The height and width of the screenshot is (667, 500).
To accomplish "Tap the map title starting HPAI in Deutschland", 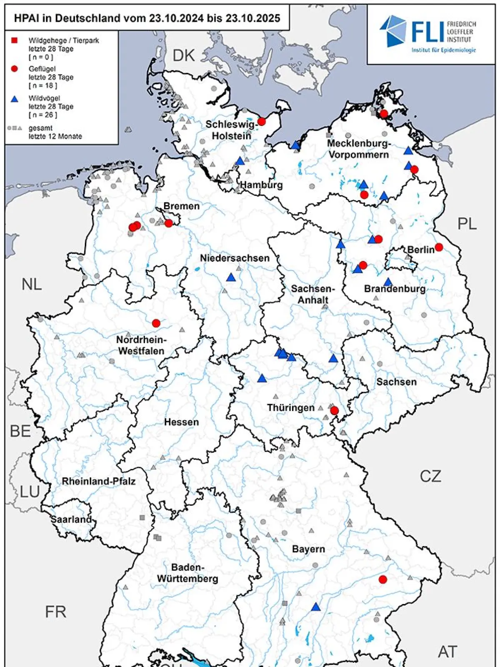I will pyautogui.click(x=147, y=18).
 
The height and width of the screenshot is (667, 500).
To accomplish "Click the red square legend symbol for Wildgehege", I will pyautogui.click(x=14, y=40).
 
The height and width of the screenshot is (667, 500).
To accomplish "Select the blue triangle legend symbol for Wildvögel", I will pyautogui.click(x=14, y=99).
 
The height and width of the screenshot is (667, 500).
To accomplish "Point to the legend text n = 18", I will pyautogui.click(x=42, y=85).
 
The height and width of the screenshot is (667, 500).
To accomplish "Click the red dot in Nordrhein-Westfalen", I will pyautogui.click(x=156, y=323).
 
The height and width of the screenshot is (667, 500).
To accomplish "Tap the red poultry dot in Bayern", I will pyautogui.click(x=383, y=579).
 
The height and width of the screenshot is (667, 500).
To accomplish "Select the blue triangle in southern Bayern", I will pyautogui.click(x=316, y=607).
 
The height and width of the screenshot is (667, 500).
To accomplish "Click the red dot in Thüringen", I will pyautogui.click(x=334, y=411).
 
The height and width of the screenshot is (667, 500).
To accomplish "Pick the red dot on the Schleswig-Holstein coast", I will pyautogui.click(x=262, y=122).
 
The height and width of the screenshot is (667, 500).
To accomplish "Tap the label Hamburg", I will pyautogui.click(x=261, y=185).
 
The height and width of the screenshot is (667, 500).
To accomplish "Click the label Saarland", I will pyautogui.click(x=71, y=519).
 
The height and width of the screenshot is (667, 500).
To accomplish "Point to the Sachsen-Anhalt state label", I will pyautogui.click(x=312, y=294).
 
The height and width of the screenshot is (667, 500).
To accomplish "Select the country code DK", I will pyautogui.click(x=184, y=55).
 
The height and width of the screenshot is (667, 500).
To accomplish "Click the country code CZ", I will pyautogui.click(x=430, y=476).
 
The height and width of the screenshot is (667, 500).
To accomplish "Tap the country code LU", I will pyautogui.click(x=30, y=492).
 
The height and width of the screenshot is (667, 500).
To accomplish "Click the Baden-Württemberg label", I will pyautogui.click(x=187, y=573).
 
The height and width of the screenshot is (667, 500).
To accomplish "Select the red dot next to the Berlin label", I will pyautogui.click(x=438, y=247).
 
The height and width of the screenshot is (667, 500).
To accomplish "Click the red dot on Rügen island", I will pyautogui.click(x=384, y=113).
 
